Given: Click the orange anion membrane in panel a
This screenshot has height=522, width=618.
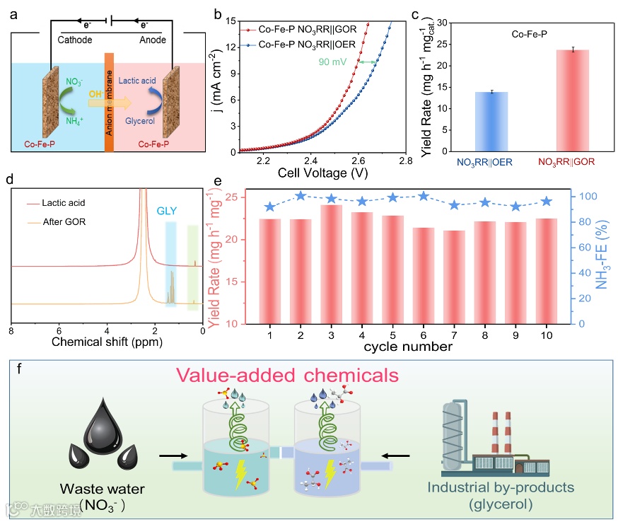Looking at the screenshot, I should [108, 103].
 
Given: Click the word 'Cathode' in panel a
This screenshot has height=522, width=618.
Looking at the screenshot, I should [75, 40].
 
